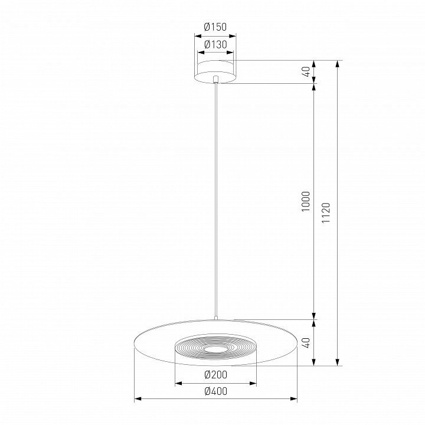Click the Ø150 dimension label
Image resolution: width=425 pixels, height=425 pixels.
215,27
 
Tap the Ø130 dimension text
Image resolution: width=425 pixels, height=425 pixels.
215,44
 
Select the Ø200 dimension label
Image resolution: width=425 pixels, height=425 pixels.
216,375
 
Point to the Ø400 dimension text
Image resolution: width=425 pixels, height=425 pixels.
216,391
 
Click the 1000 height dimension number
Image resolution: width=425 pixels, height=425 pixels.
306,201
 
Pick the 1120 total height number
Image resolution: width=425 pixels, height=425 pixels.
326,212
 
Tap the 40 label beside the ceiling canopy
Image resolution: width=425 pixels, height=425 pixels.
306,72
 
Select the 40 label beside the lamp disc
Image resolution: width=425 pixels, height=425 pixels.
306,342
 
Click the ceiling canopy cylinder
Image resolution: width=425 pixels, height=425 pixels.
215,71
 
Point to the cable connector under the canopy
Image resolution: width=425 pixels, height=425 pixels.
215,79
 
